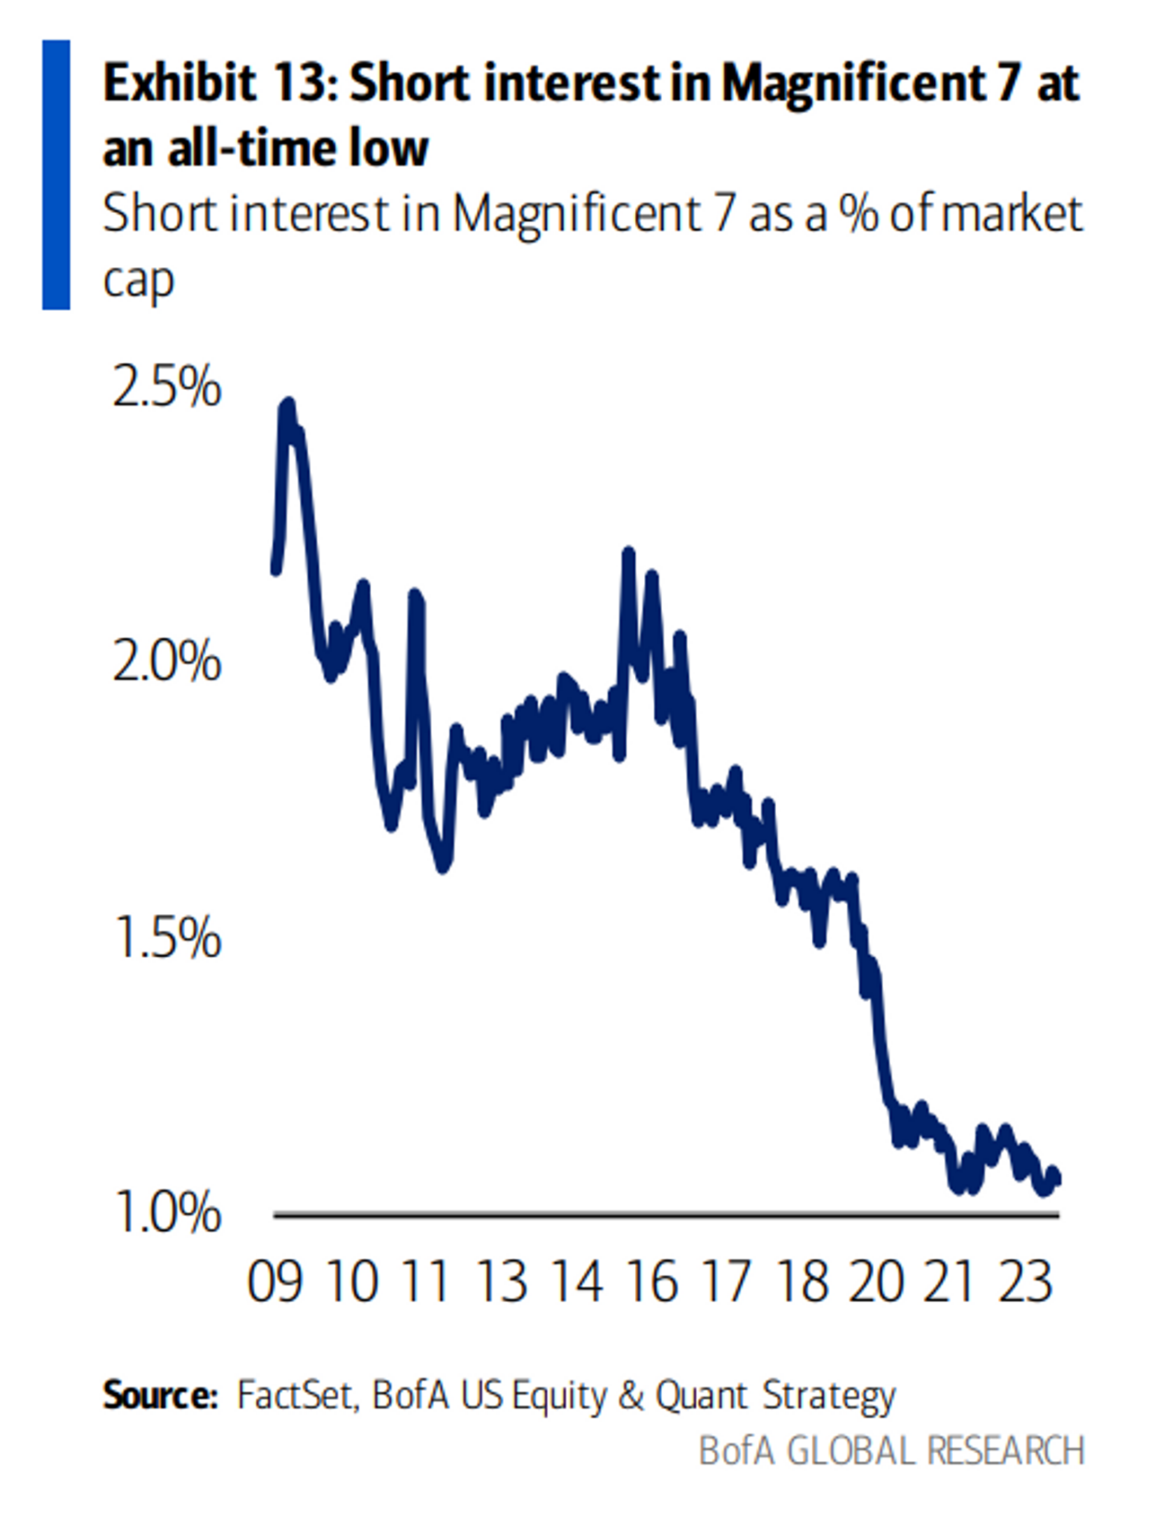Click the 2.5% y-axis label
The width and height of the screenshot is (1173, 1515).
(x=168, y=387)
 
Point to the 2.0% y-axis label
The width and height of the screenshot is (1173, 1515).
(x=168, y=662)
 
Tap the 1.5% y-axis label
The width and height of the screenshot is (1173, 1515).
(x=168, y=938)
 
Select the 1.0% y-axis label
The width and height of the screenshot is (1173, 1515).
(x=168, y=1212)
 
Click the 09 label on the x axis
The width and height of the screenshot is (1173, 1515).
(x=275, y=1283)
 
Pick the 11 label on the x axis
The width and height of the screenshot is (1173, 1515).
(x=426, y=1283)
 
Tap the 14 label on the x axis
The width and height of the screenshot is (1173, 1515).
(x=577, y=1283)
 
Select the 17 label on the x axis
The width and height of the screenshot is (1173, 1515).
(x=727, y=1283)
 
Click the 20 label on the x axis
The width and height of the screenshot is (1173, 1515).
(x=876, y=1283)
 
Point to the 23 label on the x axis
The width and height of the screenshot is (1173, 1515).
(x=1026, y=1283)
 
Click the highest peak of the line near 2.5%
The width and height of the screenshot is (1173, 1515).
(x=288, y=405)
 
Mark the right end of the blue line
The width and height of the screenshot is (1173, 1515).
(x=1056, y=1178)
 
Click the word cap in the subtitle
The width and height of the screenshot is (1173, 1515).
(x=138, y=281)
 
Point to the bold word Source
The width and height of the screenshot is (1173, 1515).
(x=159, y=1394)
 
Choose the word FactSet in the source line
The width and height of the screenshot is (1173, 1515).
(x=295, y=1394)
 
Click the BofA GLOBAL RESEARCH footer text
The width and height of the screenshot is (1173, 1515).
(x=892, y=1450)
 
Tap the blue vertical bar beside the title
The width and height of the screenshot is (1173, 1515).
(x=56, y=174)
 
